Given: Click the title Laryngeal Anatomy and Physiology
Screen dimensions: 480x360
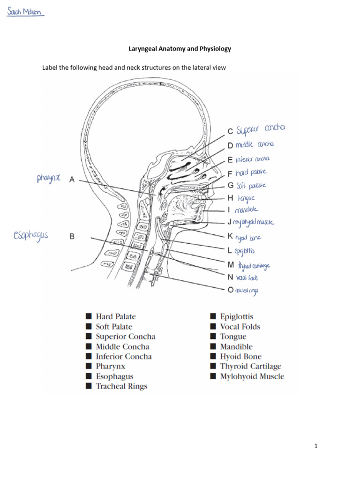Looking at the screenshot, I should point(180,48).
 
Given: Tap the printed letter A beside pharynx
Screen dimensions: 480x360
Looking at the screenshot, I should point(72,179).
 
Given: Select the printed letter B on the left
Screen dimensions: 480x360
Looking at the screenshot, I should point(72,237).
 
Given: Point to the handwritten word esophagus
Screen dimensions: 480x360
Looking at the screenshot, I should point(31,234).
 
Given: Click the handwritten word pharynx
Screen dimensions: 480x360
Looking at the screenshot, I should point(49,178).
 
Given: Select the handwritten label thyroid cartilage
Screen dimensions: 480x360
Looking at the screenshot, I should point(254,266).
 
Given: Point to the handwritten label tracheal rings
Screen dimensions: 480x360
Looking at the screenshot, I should point(247,291).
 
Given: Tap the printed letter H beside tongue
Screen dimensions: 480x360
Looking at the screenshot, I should point(231,198).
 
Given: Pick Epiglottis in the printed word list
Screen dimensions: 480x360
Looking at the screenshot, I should point(237,317).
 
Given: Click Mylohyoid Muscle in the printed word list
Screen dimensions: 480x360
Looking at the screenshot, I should point(252,376).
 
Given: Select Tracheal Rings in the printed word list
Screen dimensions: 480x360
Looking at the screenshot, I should point(121,386).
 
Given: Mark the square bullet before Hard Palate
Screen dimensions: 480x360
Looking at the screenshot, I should point(88,317).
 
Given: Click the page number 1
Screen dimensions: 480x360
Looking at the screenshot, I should point(316,446).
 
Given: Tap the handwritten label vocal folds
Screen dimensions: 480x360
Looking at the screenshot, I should point(248,277).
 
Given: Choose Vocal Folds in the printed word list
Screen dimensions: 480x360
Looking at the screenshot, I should point(240,327).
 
